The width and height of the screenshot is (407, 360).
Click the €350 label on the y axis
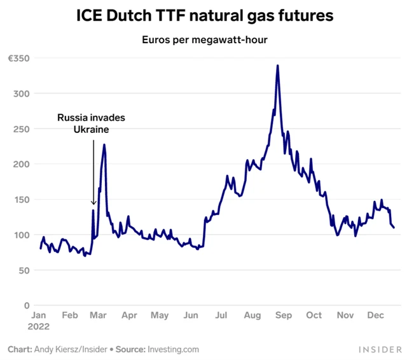click(17, 58)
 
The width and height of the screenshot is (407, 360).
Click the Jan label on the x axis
click(38, 315)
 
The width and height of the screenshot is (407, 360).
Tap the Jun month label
click(190, 315)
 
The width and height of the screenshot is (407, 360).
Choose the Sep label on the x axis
click(283, 315)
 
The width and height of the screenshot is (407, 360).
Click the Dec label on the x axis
click(375, 315)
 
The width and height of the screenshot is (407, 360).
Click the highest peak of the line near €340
click(278, 66)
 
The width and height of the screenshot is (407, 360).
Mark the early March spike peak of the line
click(104, 145)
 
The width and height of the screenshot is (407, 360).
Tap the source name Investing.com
click(174, 349)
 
